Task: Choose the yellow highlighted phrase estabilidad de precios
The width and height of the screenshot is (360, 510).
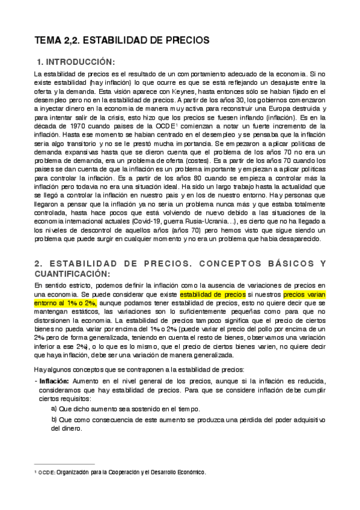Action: click(212, 295)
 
